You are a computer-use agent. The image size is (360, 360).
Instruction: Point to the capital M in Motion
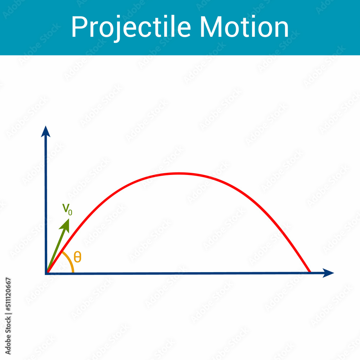[211, 27]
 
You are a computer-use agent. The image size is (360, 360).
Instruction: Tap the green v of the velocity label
[66, 208]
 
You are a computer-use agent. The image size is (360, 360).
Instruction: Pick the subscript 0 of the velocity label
[70, 212]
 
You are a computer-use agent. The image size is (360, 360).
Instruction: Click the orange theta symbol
[77, 257]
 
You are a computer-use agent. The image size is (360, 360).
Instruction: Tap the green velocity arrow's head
[66, 224]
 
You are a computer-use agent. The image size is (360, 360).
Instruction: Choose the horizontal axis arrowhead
[328, 273]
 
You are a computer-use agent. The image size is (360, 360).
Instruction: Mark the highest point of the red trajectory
[178, 174]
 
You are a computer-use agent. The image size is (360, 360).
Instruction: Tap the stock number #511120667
[8, 295]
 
